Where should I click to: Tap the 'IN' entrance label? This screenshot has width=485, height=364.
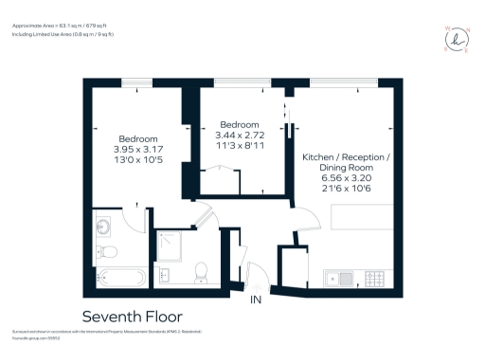[x=255, y=300]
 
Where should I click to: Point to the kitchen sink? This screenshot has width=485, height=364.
[x=337, y=278]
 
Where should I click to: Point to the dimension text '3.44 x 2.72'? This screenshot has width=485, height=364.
[x=241, y=136]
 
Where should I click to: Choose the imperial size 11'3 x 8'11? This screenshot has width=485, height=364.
[x=241, y=147]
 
